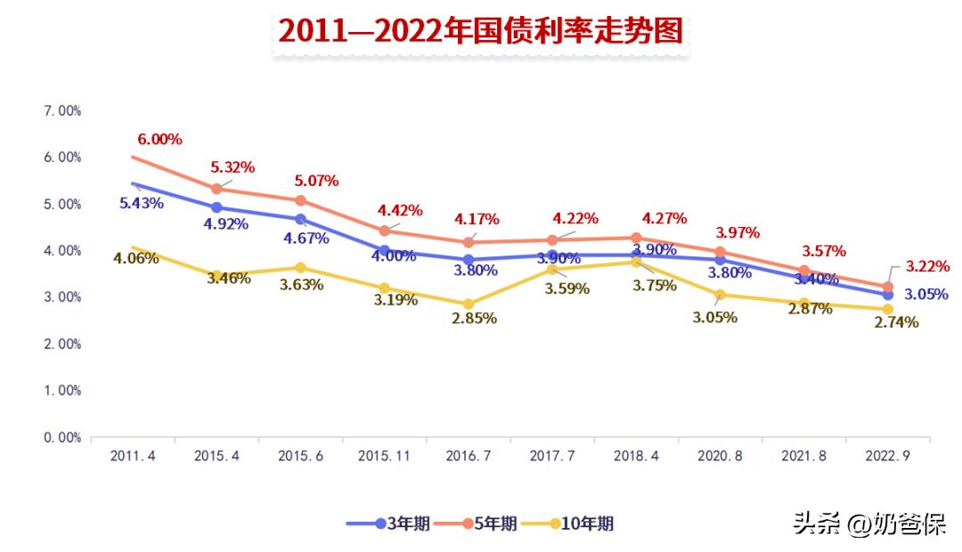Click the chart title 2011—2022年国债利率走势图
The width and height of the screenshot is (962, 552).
[480, 30]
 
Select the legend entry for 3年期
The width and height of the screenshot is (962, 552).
[389, 524]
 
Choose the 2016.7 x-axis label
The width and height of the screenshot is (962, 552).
[469, 456]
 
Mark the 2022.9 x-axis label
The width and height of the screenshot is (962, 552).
[888, 456]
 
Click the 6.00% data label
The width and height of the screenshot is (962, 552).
[159, 139]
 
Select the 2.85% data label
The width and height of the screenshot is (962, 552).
[473, 318]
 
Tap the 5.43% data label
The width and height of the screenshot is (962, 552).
[141, 203]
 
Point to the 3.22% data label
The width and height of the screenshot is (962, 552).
[927, 265]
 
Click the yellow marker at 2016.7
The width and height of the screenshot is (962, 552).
[468, 304]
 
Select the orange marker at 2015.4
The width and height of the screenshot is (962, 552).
[216, 189]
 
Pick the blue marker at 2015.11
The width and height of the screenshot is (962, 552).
[384, 251]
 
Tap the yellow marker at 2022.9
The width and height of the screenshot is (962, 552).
[887, 309]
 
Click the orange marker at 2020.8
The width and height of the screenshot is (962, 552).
[720, 252]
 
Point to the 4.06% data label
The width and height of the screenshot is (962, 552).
[135, 258]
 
